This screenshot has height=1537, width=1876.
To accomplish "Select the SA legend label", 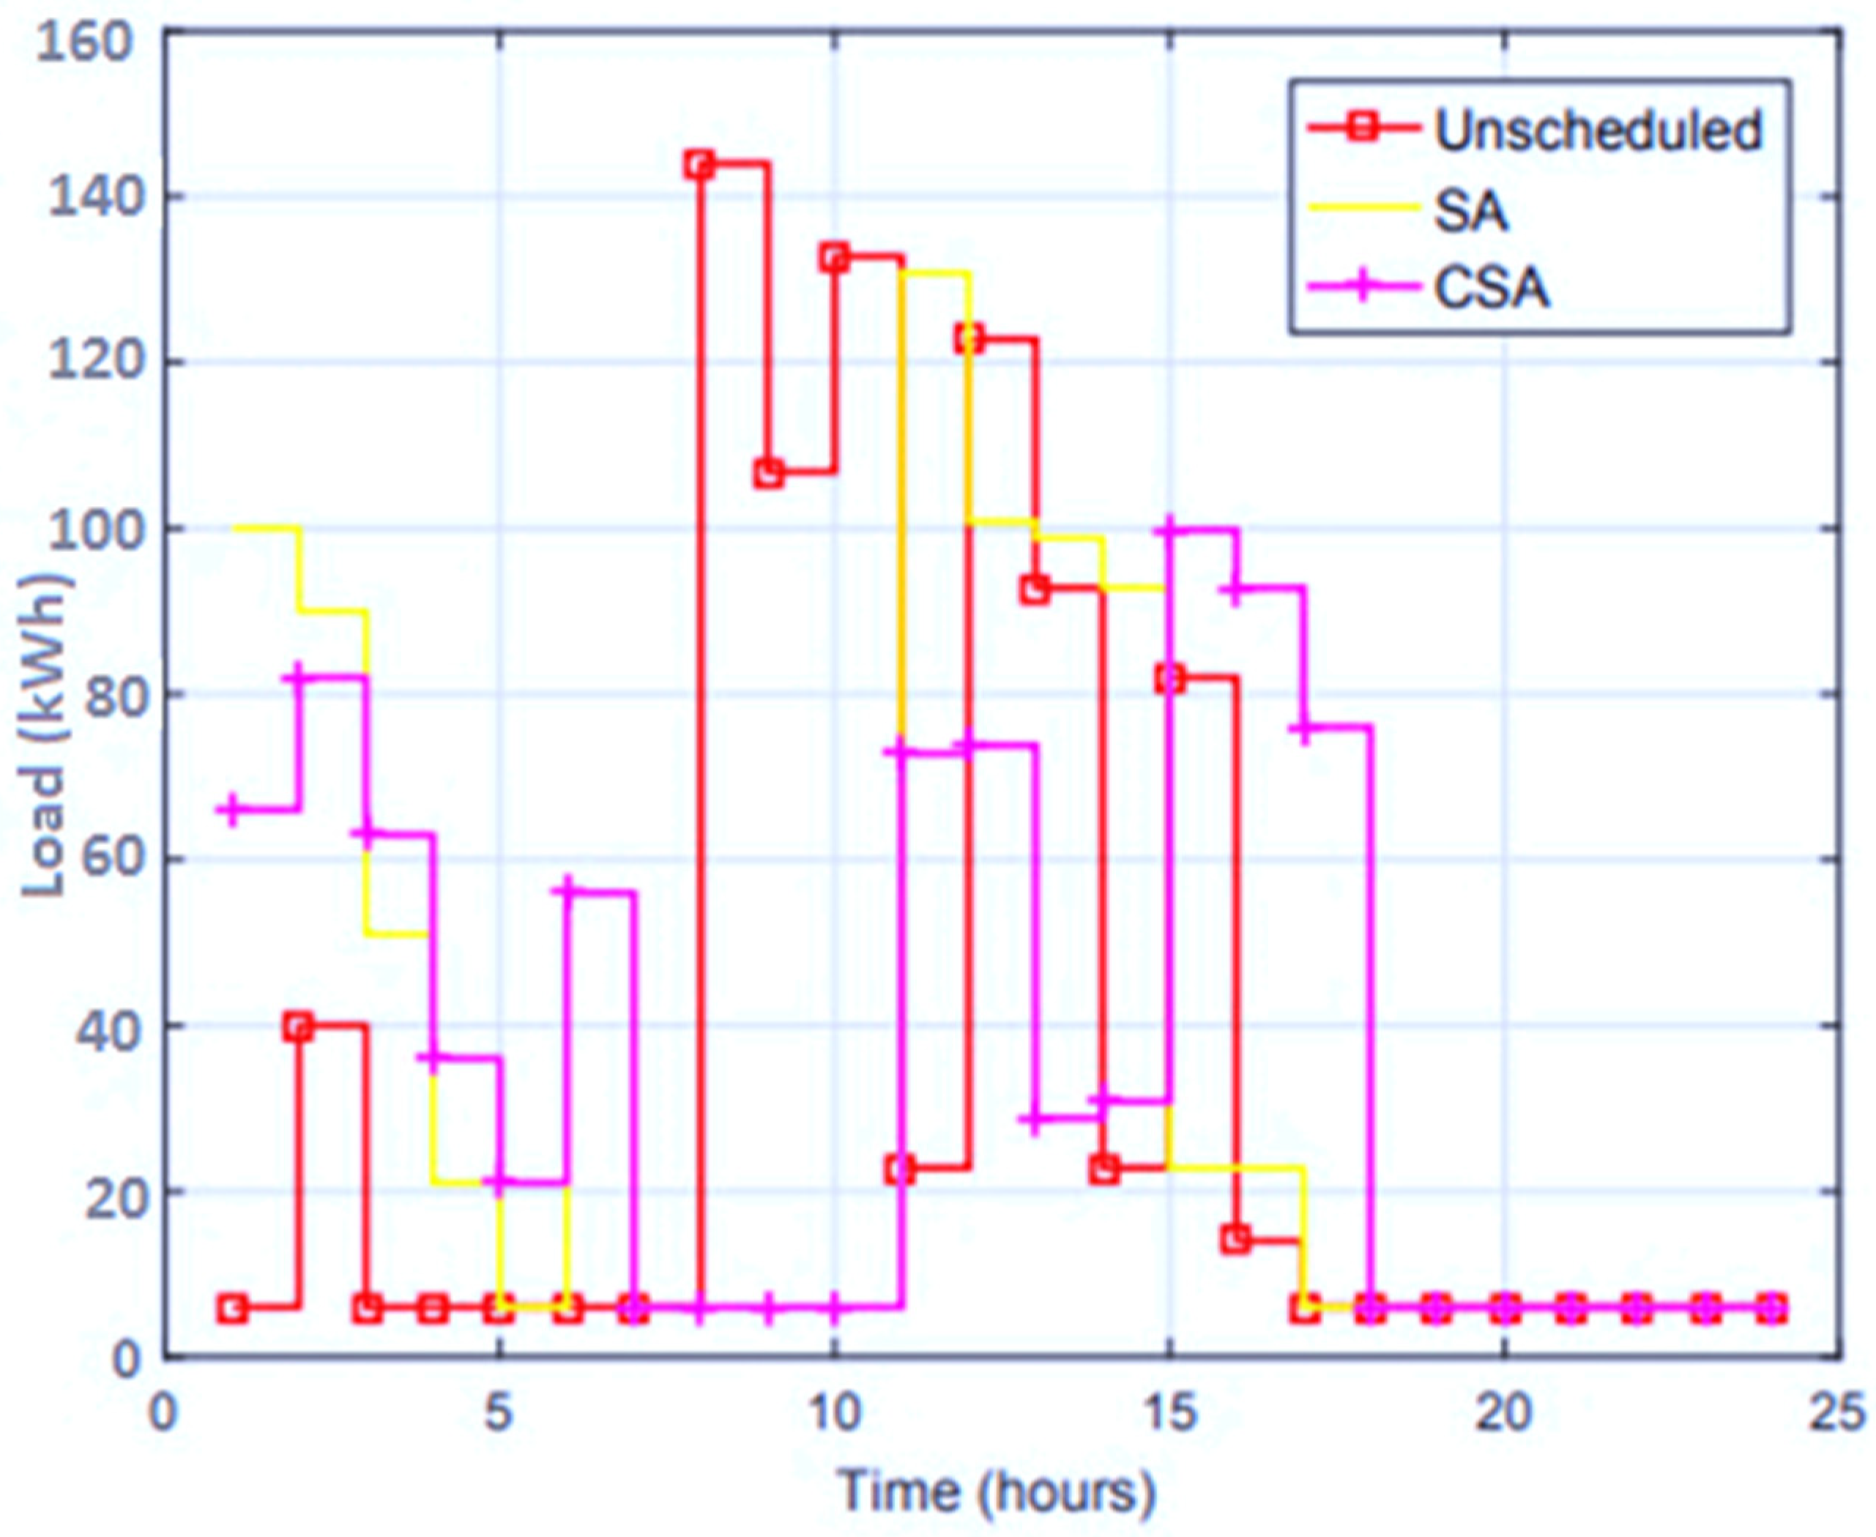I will pos(1470,210).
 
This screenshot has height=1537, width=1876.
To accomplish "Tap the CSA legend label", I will pos(1492,288).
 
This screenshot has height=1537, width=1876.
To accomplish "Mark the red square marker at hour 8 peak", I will pos(699,165).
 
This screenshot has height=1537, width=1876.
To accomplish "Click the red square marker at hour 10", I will pos(834,258).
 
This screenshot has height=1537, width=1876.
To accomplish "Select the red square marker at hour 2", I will pos(299,1027).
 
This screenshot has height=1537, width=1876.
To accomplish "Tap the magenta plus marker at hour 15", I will pos(1169,529).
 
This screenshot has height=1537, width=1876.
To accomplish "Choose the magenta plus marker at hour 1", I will pos(232,808).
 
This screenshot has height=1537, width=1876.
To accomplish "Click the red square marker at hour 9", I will pos(767,473).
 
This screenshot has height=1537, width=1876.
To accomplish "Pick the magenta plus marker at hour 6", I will pos(567,890).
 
